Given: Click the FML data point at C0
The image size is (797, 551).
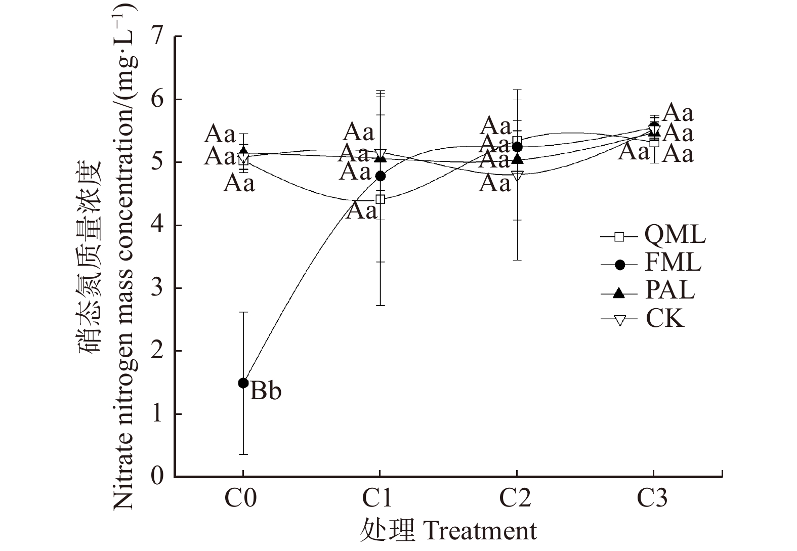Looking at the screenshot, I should point(243,383).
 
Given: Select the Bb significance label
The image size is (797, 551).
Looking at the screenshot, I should point(266,391).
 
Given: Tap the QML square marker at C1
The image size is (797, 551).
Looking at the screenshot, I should point(380,199).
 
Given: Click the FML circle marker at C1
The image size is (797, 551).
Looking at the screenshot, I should point(380,176).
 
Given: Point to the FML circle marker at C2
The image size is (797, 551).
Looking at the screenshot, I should point(517,147).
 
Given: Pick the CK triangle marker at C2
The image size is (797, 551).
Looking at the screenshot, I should point(517,176).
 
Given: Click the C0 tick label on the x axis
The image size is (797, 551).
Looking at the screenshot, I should point(241,498).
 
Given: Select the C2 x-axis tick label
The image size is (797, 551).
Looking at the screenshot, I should point(516,498).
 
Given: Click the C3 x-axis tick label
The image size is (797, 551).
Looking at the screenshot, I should point(652,498).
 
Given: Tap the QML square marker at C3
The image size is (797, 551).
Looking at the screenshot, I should point(654,142).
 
